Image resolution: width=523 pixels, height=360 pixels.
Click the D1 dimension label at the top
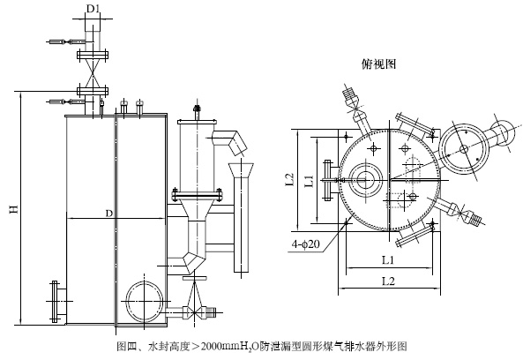tap(93, 9)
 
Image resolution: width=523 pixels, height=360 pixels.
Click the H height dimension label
tap(14, 209)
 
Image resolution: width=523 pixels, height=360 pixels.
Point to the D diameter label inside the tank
tap(109, 214)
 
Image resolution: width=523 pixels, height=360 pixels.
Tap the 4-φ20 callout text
tap(306, 244)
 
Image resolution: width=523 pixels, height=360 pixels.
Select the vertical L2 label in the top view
tap(290, 179)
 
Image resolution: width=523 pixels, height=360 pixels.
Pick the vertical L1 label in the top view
tap(310, 181)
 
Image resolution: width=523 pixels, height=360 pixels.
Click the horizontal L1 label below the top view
tap(388, 260)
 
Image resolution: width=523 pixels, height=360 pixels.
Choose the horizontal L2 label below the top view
tap(388, 281)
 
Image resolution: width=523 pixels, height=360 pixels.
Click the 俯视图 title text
tap(379, 64)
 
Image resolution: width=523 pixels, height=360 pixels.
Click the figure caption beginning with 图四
tap(262, 346)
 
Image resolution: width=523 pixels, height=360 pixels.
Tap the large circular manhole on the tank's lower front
tap(144, 301)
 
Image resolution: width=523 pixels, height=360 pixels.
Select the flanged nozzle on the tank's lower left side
tap(57, 302)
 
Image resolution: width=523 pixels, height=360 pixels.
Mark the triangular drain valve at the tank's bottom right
tap(194, 301)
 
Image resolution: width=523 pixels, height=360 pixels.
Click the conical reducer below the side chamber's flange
tap(198, 209)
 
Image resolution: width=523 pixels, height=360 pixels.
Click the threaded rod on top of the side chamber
tap(197, 113)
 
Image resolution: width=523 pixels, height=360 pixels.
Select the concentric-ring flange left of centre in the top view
tap(366, 180)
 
